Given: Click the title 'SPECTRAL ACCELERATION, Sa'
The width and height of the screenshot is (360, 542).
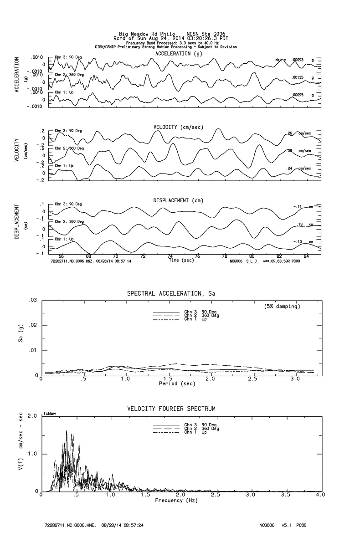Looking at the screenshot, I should (171, 294).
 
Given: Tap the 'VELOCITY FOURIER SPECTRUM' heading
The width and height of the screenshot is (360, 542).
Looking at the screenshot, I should (171, 409).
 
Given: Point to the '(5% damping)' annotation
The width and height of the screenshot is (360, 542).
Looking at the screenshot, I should (283, 307).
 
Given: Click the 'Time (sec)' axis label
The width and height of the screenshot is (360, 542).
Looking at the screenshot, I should (181, 261).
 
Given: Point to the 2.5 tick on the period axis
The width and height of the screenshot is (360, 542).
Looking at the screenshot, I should (253, 379).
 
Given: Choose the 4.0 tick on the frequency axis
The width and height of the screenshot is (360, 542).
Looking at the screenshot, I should (320, 495).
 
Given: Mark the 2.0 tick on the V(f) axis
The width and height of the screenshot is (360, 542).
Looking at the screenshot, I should (32, 416).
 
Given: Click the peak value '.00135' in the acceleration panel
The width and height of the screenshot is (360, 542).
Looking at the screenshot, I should (298, 77).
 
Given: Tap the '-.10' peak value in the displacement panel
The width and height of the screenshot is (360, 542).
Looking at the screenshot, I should (299, 242).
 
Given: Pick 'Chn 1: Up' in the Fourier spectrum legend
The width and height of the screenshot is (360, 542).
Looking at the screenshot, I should (195, 432).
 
